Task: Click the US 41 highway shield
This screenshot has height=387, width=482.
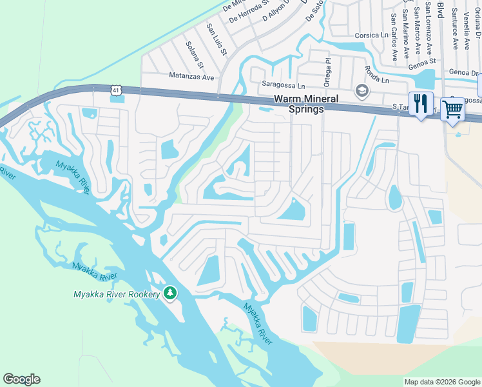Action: coord(116,94)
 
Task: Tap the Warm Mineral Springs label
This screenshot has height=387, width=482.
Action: coord(298,104)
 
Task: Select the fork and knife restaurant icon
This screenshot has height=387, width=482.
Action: coord(421,104)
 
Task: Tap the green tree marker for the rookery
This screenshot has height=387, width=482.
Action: coord(170,293)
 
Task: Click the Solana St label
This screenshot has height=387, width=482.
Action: coord(195,57)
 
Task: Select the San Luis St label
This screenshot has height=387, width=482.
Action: coord(217,39)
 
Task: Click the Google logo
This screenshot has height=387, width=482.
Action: coord(21,379)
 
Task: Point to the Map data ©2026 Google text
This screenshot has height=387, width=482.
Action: coord(441,382)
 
